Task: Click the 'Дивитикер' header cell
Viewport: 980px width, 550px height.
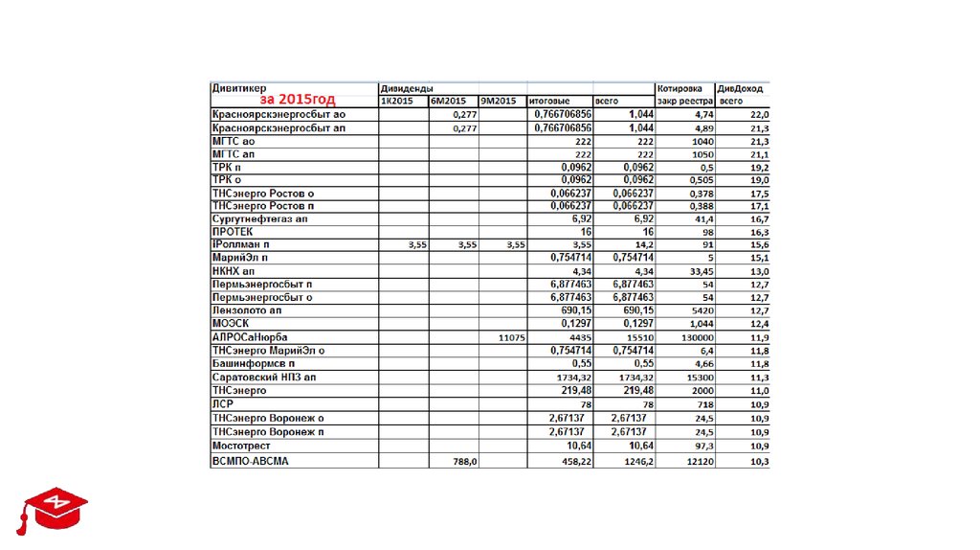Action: coord(239,88)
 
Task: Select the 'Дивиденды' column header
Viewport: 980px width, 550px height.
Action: coord(406,88)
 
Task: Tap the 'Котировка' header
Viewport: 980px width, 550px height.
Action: coord(680,88)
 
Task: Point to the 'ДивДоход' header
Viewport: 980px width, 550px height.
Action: coord(742,88)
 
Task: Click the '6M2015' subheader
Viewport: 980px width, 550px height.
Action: coord(448,101)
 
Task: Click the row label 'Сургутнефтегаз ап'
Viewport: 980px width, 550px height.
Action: coord(259,219)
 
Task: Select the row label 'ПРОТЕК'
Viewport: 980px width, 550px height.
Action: coord(233,233)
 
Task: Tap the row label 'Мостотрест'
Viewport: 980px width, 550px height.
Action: coord(241,446)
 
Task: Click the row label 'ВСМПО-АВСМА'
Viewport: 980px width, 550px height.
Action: coord(249,462)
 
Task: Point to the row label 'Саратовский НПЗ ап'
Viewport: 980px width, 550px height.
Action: coord(264,378)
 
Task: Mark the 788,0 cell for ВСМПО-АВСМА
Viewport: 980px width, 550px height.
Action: coord(464,462)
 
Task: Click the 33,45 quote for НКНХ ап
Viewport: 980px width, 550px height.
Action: coord(701,272)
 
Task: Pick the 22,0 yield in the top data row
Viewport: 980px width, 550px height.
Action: coord(760,115)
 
